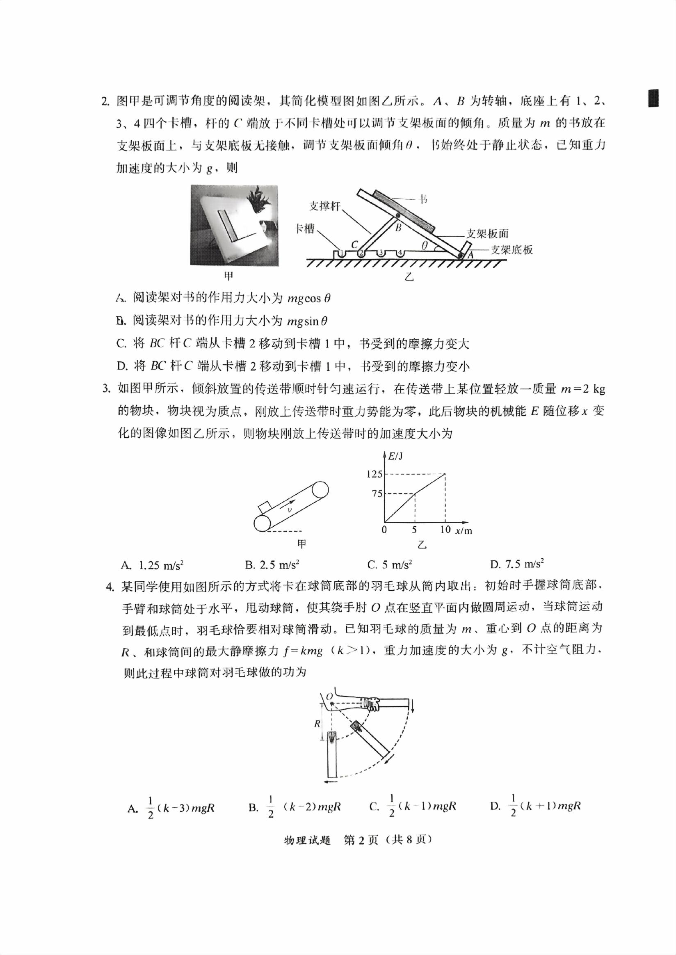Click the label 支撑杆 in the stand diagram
tap(325, 206)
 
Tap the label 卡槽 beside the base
tap(305, 228)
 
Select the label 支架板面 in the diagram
tap(487, 233)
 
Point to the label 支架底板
tap(512, 250)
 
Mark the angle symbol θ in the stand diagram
tap(424, 246)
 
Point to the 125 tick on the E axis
tap(374, 474)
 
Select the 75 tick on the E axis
tap(377, 494)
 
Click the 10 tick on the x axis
tap(445, 530)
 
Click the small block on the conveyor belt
tap(264, 508)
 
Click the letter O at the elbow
tap(329, 697)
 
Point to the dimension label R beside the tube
tap(317, 724)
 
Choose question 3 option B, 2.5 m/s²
tap(272, 565)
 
